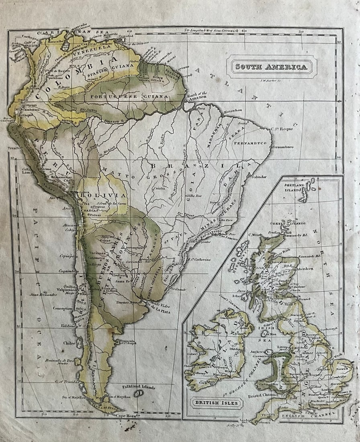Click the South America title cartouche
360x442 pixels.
(271, 67)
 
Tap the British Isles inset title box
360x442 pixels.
(217, 403)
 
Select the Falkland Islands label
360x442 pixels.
(139, 387)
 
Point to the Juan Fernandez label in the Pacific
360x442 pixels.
(43, 295)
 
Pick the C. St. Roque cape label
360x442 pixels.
(282, 129)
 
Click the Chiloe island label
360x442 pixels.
(69, 343)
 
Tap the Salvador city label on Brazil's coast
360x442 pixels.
(259, 176)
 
